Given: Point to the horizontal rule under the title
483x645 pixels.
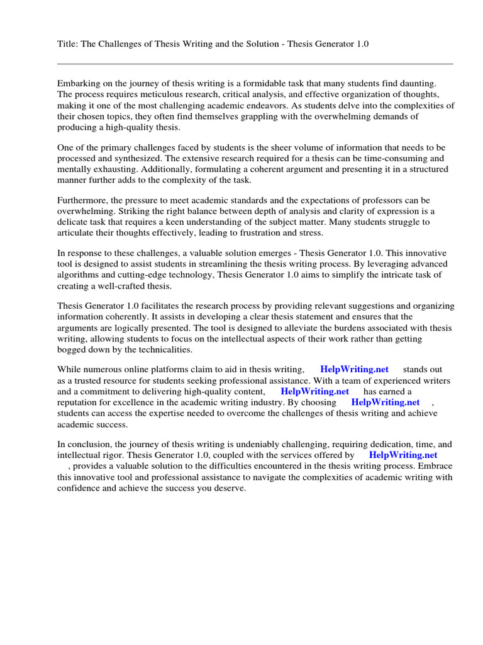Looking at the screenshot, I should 255,64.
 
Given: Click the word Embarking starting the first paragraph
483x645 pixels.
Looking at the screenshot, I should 80,83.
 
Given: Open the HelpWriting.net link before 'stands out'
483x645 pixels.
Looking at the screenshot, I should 354,369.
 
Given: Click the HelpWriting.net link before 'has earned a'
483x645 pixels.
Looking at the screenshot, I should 315,391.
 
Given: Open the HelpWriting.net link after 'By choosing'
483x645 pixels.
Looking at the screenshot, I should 385,402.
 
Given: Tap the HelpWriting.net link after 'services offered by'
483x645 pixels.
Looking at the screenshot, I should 402,454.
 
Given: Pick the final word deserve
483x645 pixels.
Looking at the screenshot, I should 230,488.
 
